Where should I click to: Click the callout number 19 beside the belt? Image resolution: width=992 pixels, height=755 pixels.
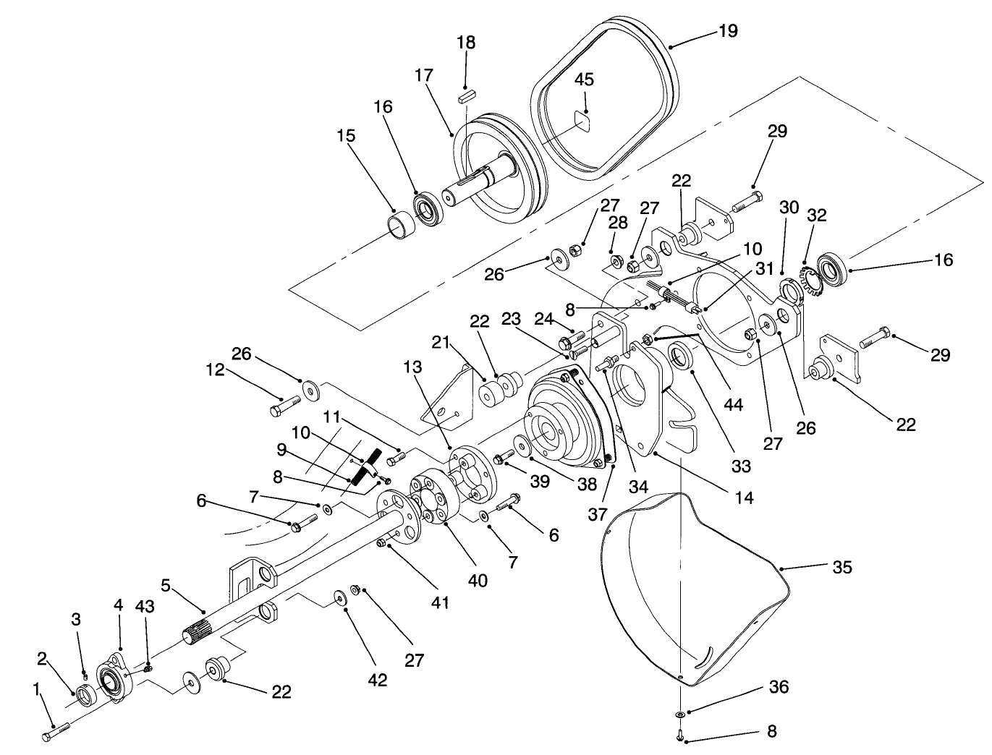pos(728,30)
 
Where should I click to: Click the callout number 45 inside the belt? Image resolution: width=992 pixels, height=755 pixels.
pos(584,80)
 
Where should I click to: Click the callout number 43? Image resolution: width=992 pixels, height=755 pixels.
pos(145,607)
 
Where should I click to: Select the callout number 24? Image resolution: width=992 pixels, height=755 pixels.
pos(545,318)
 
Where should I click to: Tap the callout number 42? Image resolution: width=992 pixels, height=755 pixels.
pos(378,680)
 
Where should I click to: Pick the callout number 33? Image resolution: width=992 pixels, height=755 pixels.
pos(741,466)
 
